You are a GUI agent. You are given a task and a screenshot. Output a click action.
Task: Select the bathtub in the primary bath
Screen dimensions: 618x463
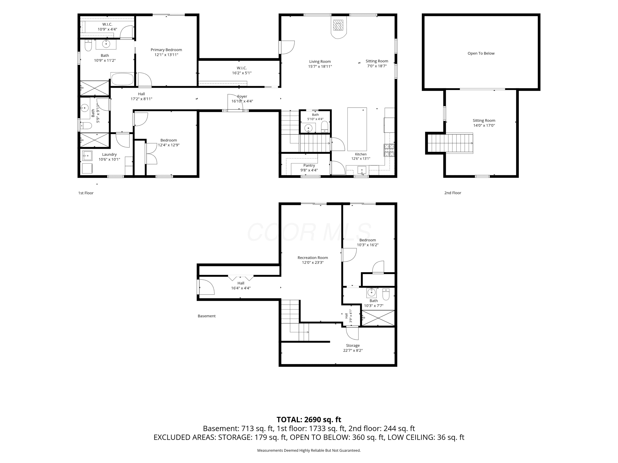click(x=122, y=79)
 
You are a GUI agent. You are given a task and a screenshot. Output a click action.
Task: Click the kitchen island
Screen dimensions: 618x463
click(x=357, y=129)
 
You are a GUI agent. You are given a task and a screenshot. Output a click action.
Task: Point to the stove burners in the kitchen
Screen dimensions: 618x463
click(x=389, y=150)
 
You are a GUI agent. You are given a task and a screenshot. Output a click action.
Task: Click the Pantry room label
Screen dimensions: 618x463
click(x=309, y=165)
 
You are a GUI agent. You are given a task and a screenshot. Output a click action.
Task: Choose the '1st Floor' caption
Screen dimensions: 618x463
click(x=86, y=193)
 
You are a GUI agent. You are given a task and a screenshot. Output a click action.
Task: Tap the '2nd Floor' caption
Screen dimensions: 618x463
click(x=453, y=193)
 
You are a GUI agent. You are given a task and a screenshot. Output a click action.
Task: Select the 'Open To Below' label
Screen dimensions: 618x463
click(x=481, y=53)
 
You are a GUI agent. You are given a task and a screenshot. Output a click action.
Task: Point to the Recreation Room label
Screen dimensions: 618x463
click(x=313, y=258)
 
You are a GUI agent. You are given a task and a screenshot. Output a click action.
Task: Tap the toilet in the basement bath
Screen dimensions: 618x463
click(x=386, y=294)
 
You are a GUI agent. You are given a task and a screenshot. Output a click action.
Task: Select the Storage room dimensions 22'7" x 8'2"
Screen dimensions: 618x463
click(x=353, y=350)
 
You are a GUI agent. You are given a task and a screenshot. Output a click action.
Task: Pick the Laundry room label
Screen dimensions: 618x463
click(x=109, y=154)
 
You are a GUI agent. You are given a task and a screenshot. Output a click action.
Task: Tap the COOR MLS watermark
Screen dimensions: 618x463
click(x=309, y=232)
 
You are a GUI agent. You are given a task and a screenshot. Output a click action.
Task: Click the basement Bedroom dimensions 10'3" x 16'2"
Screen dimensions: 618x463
click(x=368, y=245)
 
